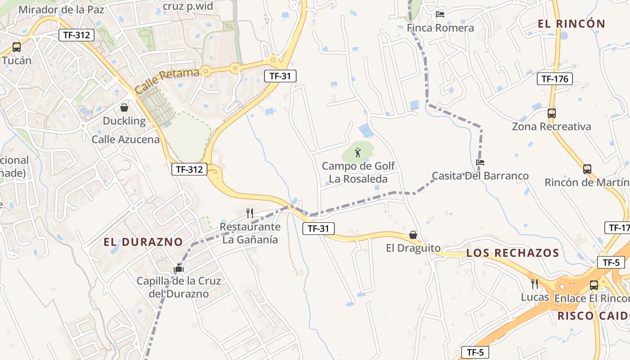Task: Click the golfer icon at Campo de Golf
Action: pyautogui.click(x=358, y=153)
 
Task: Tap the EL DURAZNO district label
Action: pyautogui.click(x=143, y=242)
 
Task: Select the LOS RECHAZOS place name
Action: pyautogui.click(x=512, y=253)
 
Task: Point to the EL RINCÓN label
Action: pyautogui.click(x=571, y=24)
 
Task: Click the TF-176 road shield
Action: pyautogui.click(x=554, y=79)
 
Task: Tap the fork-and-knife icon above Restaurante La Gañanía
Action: pyautogui.click(x=250, y=213)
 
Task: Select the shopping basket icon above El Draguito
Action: pyautogui.click(x=413, y=235)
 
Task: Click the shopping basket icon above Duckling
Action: pyautogui.click(x=124, y=108)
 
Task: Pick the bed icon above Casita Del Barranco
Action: pyautogui.click(x=480, y=162)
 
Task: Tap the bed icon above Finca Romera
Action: pyautogui.click(x=440, y=14)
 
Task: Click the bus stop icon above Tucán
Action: pyautogui.click(x=17, y=47)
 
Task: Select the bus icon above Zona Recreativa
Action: pyautogui.click(x=551, y=113)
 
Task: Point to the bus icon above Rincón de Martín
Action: pyautogui.click(x=587, y=169)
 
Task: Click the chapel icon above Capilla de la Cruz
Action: pyautogui.click(x=179, y=268)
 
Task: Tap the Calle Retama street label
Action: pyautogui.click(x=167, y=81)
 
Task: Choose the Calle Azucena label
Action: pyautogui.click(x=126, y=139)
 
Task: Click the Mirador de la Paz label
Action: pyautogui.click(x=61, y=9)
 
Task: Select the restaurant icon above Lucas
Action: pyautogui.click(x=535, y=283)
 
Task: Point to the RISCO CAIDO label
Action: pyautogui.click(x=593, y=316)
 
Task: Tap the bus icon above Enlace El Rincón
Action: pyautogui.click(x=594, y=285)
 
